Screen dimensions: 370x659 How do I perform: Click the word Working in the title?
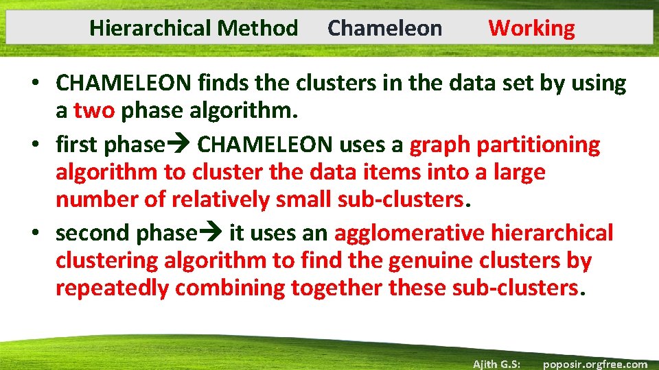click(531, 28)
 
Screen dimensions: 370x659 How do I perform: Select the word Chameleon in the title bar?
click(385, 28)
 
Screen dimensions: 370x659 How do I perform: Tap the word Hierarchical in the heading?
click(150, 28)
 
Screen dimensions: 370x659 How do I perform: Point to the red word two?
click(93, 110)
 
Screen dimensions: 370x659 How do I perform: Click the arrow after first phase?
click(181, 145)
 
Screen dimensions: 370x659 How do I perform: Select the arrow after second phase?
click(213, 234)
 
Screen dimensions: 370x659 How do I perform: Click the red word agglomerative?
click(410, 233)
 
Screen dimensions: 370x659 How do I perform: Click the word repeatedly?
click(112, 288)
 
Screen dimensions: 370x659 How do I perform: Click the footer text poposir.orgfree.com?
click(594, 364)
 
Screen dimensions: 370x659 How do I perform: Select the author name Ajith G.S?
click(496, 364)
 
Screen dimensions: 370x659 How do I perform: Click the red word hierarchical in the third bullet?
click(552, 233)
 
